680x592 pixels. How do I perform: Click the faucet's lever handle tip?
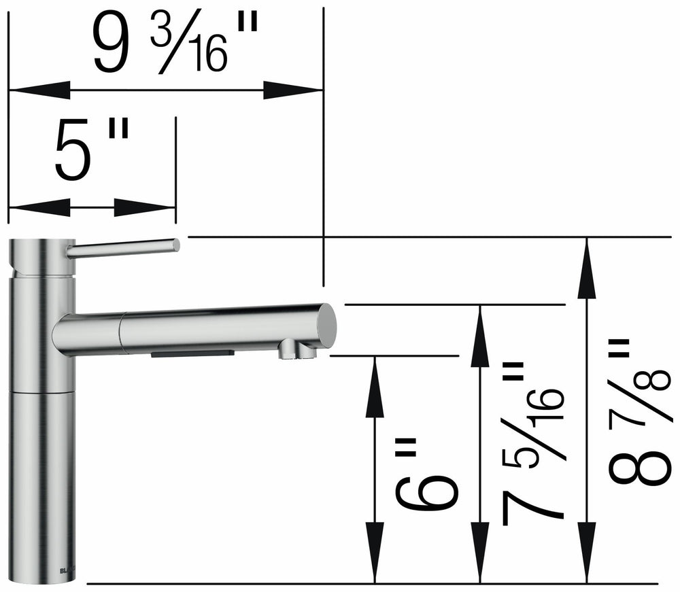click(x=175, y=245)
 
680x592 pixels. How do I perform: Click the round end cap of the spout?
click(x=327, y=326)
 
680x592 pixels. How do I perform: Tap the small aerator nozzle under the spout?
click(x=288, y=351)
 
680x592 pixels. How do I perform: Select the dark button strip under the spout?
click(x=193, y=354)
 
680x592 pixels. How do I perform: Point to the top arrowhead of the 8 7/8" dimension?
click(x=586, y=268)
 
